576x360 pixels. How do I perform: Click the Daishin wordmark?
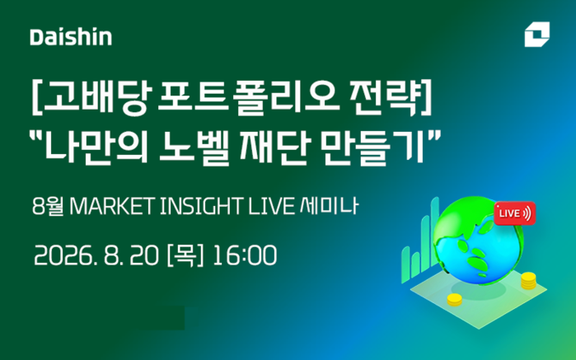coord(71,37)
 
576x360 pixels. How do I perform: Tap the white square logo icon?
coord(536,34)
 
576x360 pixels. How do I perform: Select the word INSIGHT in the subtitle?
coord(201,206)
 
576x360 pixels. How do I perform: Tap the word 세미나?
coord(329,206)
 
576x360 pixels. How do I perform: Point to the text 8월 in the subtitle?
coord(48,206)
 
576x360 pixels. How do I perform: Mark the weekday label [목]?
coord(185,255)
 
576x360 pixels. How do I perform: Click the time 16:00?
coord(245,255)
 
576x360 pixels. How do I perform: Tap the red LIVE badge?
coord(515,213)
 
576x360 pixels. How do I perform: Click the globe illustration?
coord(478,241)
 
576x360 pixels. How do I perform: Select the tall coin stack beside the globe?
coord(528,281)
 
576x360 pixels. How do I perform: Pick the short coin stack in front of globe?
coord(454,300)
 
